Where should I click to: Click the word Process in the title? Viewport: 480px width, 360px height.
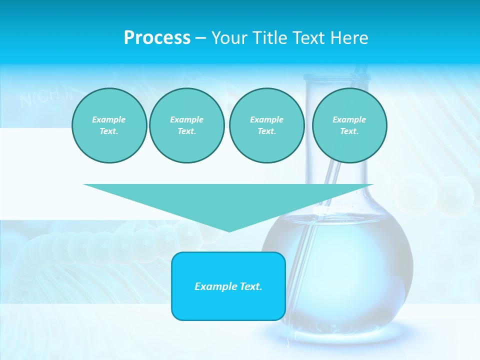pyautogui.click(x=157, y=38)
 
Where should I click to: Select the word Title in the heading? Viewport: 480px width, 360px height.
pyautogui.click(x=272, y=38)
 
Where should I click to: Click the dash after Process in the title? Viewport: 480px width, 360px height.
pyautogui.click(x=200, y=38)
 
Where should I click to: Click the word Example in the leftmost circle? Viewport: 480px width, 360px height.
pyautogui.click(x=109, y=119)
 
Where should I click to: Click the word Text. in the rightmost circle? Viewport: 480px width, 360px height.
pyautogui.click(x=349, y=131)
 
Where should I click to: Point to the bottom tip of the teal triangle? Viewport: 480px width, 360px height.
pyautogui.click(x=229, y=230)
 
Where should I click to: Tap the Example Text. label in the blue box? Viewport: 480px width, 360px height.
pyautogui.click(x=228, y=286)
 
